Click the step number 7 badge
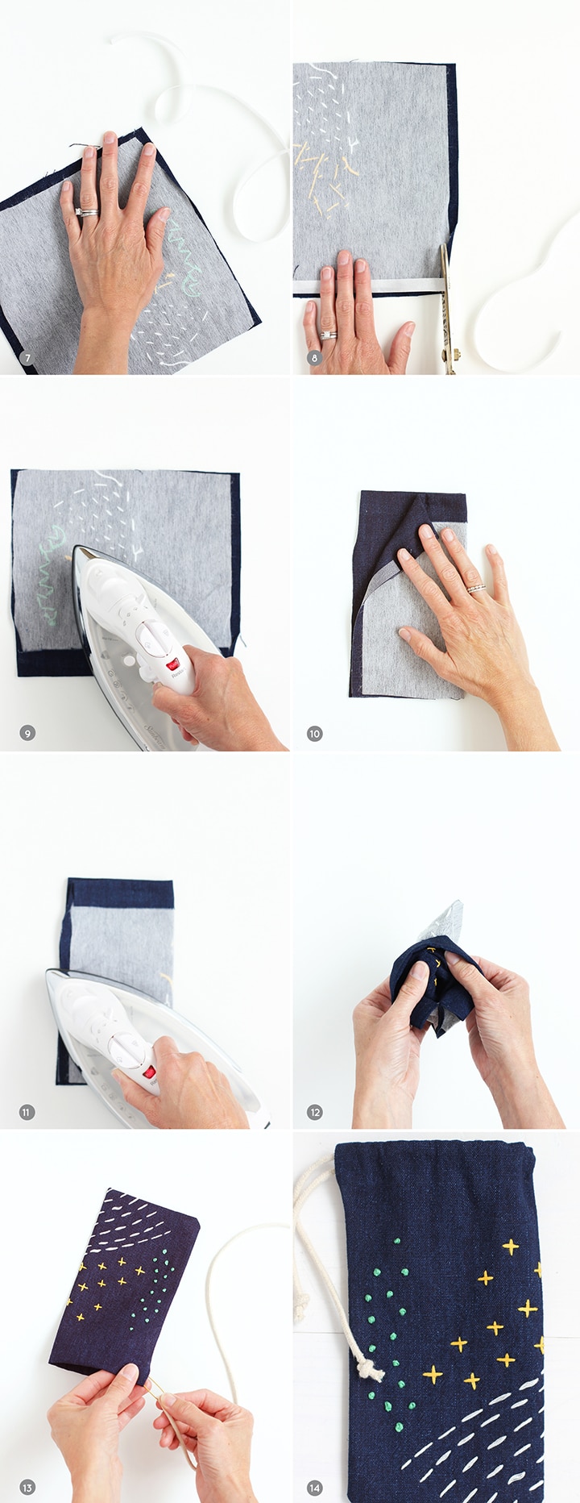[28, 358]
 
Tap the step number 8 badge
[315, 358]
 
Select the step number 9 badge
[28, 733]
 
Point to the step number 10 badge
[315, 733]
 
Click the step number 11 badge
[27, 1113]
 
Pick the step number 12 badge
[315, 1113]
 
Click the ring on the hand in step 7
[87, 213]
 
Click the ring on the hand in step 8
[329, 335]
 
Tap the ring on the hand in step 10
[477, 588]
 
